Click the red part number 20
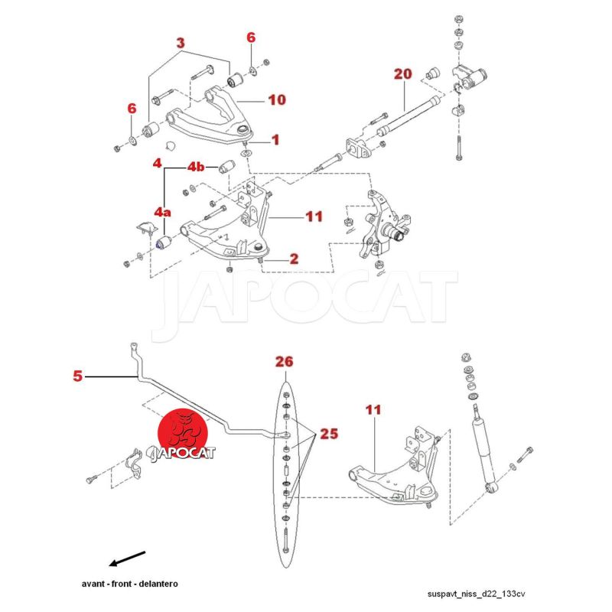[403, 74]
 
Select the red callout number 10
[276, 99]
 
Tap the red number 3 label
[181, 44]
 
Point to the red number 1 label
[275, 140]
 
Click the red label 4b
[197, 167]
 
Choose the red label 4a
[163, 210]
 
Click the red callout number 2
[294, 259]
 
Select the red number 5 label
[77, 376]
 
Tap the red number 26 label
[285, 361]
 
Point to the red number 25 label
[329, 434]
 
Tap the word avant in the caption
[94, 583]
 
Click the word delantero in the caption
[159, 583]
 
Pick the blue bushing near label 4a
[162, 243]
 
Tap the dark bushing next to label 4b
[226, 166]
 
